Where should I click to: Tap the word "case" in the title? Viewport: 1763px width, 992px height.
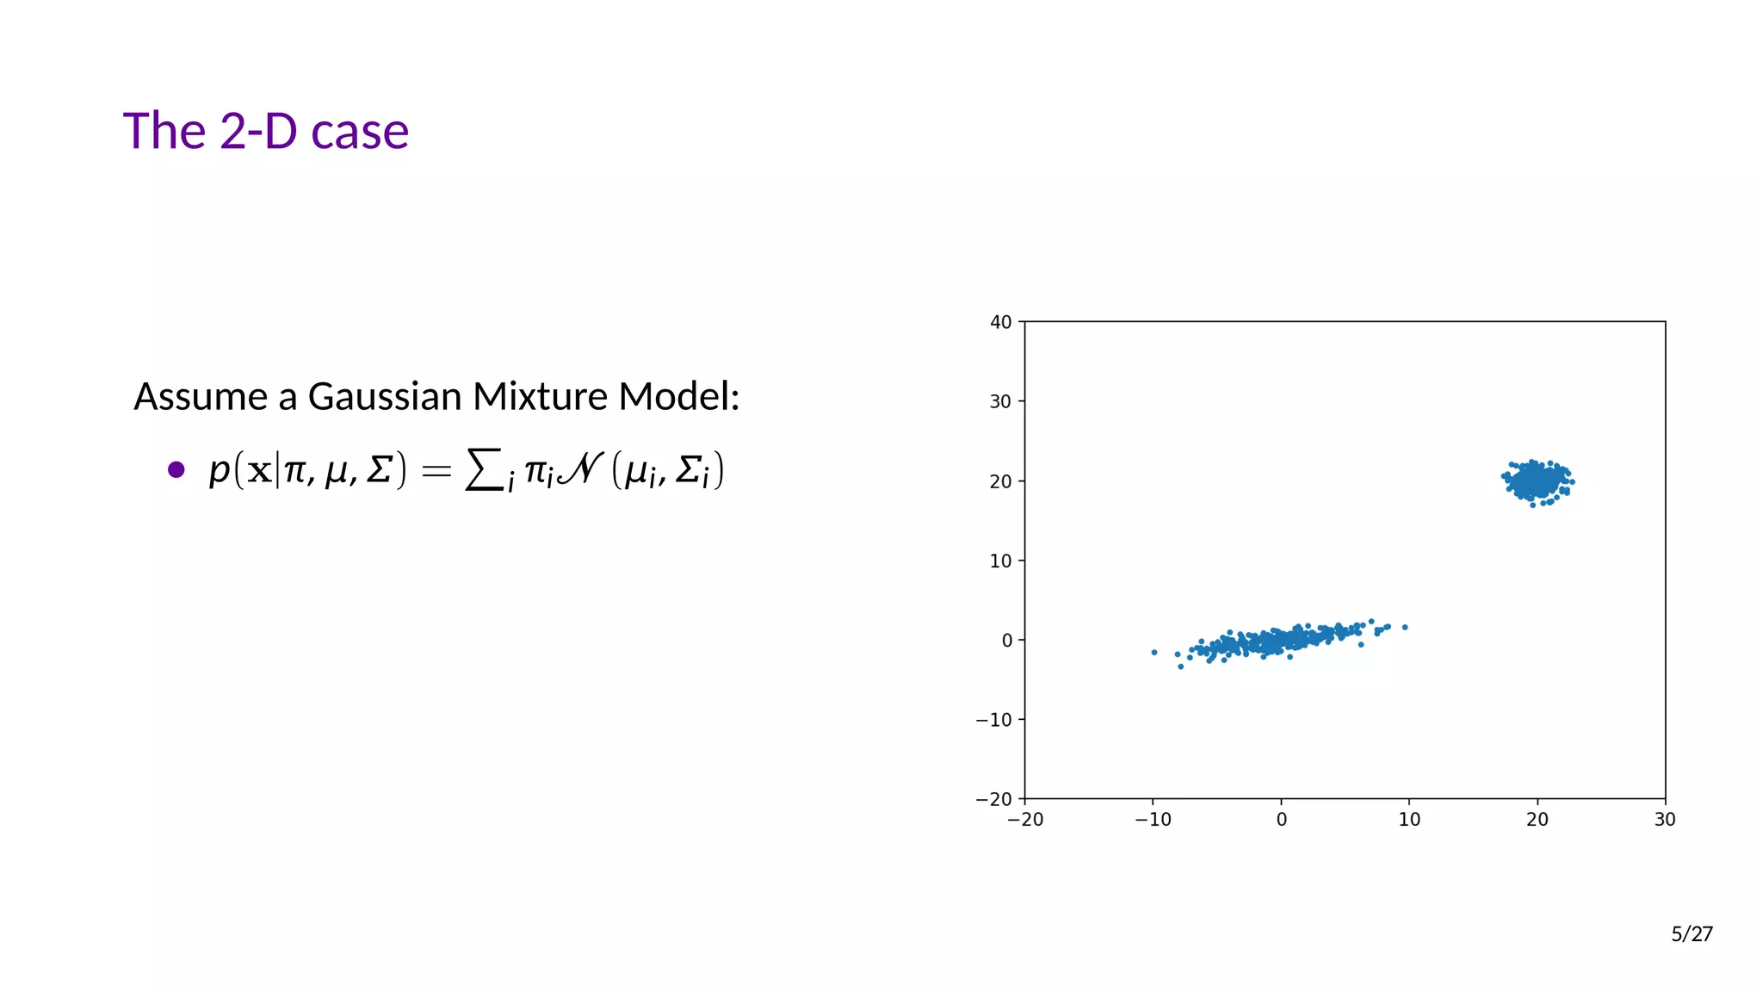[360, 133]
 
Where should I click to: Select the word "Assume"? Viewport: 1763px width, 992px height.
[201, 397]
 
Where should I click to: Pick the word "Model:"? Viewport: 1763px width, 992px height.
[679, 397]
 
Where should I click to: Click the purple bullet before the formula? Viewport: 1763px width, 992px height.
[176, 469]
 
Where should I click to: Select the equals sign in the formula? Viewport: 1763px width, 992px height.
[436, 471]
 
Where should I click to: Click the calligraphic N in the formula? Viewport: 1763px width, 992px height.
[580, 469]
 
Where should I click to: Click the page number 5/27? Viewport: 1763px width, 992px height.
[1692, 934]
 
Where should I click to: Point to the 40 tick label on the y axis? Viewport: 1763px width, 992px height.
[1000, 322]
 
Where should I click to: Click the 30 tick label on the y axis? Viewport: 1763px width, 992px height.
[1000, 401]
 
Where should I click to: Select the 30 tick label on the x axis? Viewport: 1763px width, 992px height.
[1665, 820]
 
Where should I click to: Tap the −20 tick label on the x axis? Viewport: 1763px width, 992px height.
[1024, 820]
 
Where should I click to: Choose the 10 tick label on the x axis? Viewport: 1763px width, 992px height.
[1409, 820]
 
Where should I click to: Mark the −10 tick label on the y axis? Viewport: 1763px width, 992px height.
[994, 720]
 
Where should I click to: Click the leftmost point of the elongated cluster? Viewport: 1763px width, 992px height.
[1154, 653]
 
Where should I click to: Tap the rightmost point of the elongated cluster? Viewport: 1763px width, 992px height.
[1405, 627]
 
